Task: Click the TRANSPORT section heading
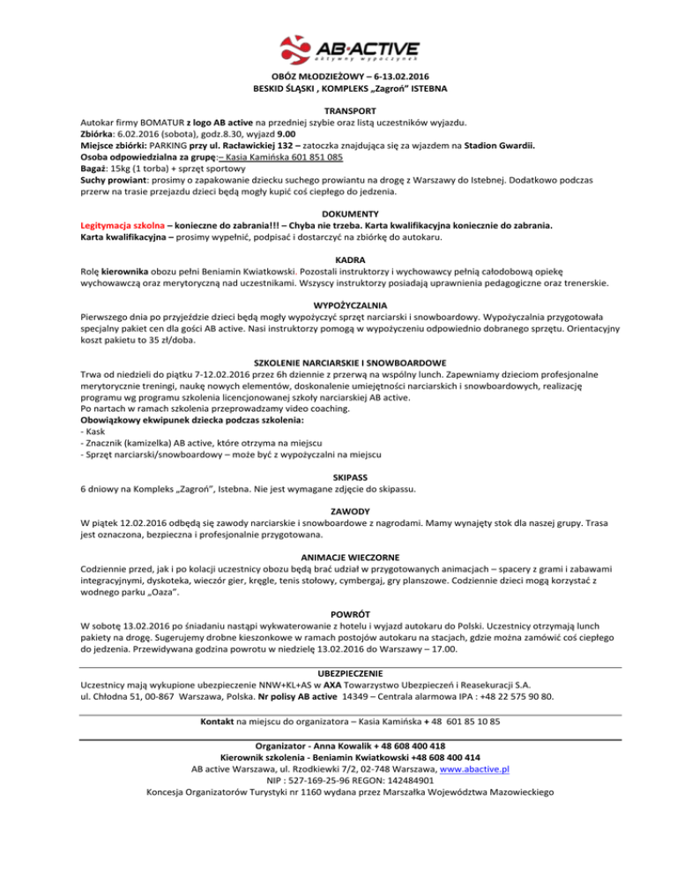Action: point(338,110)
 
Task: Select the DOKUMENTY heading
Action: point(338,213)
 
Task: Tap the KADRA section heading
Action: point(338,262)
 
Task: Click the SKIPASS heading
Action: point(338,473)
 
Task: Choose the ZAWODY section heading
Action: point(338,511)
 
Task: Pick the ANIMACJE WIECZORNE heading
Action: point(338,558)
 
